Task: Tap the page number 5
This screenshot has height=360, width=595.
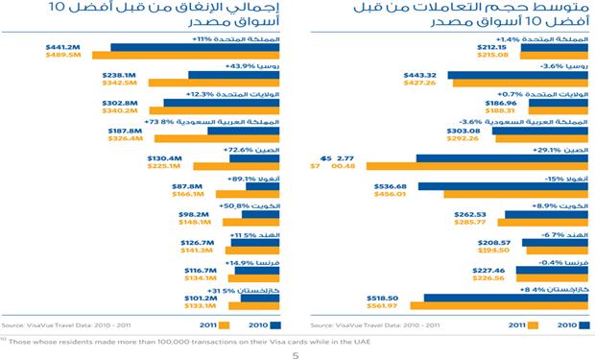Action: [x=296, y=351]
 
